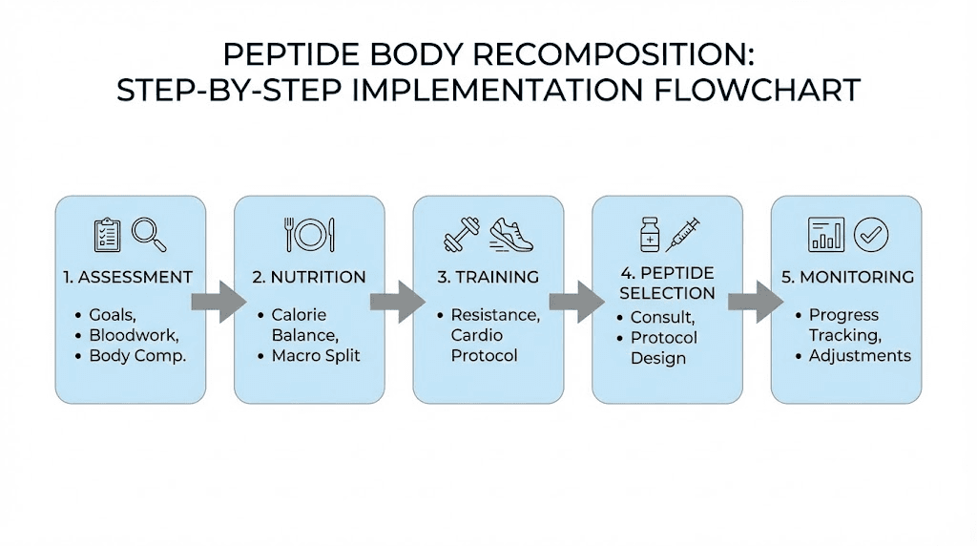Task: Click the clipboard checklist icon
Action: (107, 235)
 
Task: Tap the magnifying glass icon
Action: (149, 234)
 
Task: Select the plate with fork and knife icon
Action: (309, 235)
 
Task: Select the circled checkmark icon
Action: (870, 234)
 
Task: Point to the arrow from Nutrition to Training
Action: (396, 302)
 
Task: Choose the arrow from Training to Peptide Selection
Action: (575, 302)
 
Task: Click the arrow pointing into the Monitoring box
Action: (754, 302)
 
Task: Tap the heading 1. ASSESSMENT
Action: (128, 278)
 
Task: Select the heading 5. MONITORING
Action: (845, 278)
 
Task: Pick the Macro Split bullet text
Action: (314, 356)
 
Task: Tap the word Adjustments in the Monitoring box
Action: (860, 356)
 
